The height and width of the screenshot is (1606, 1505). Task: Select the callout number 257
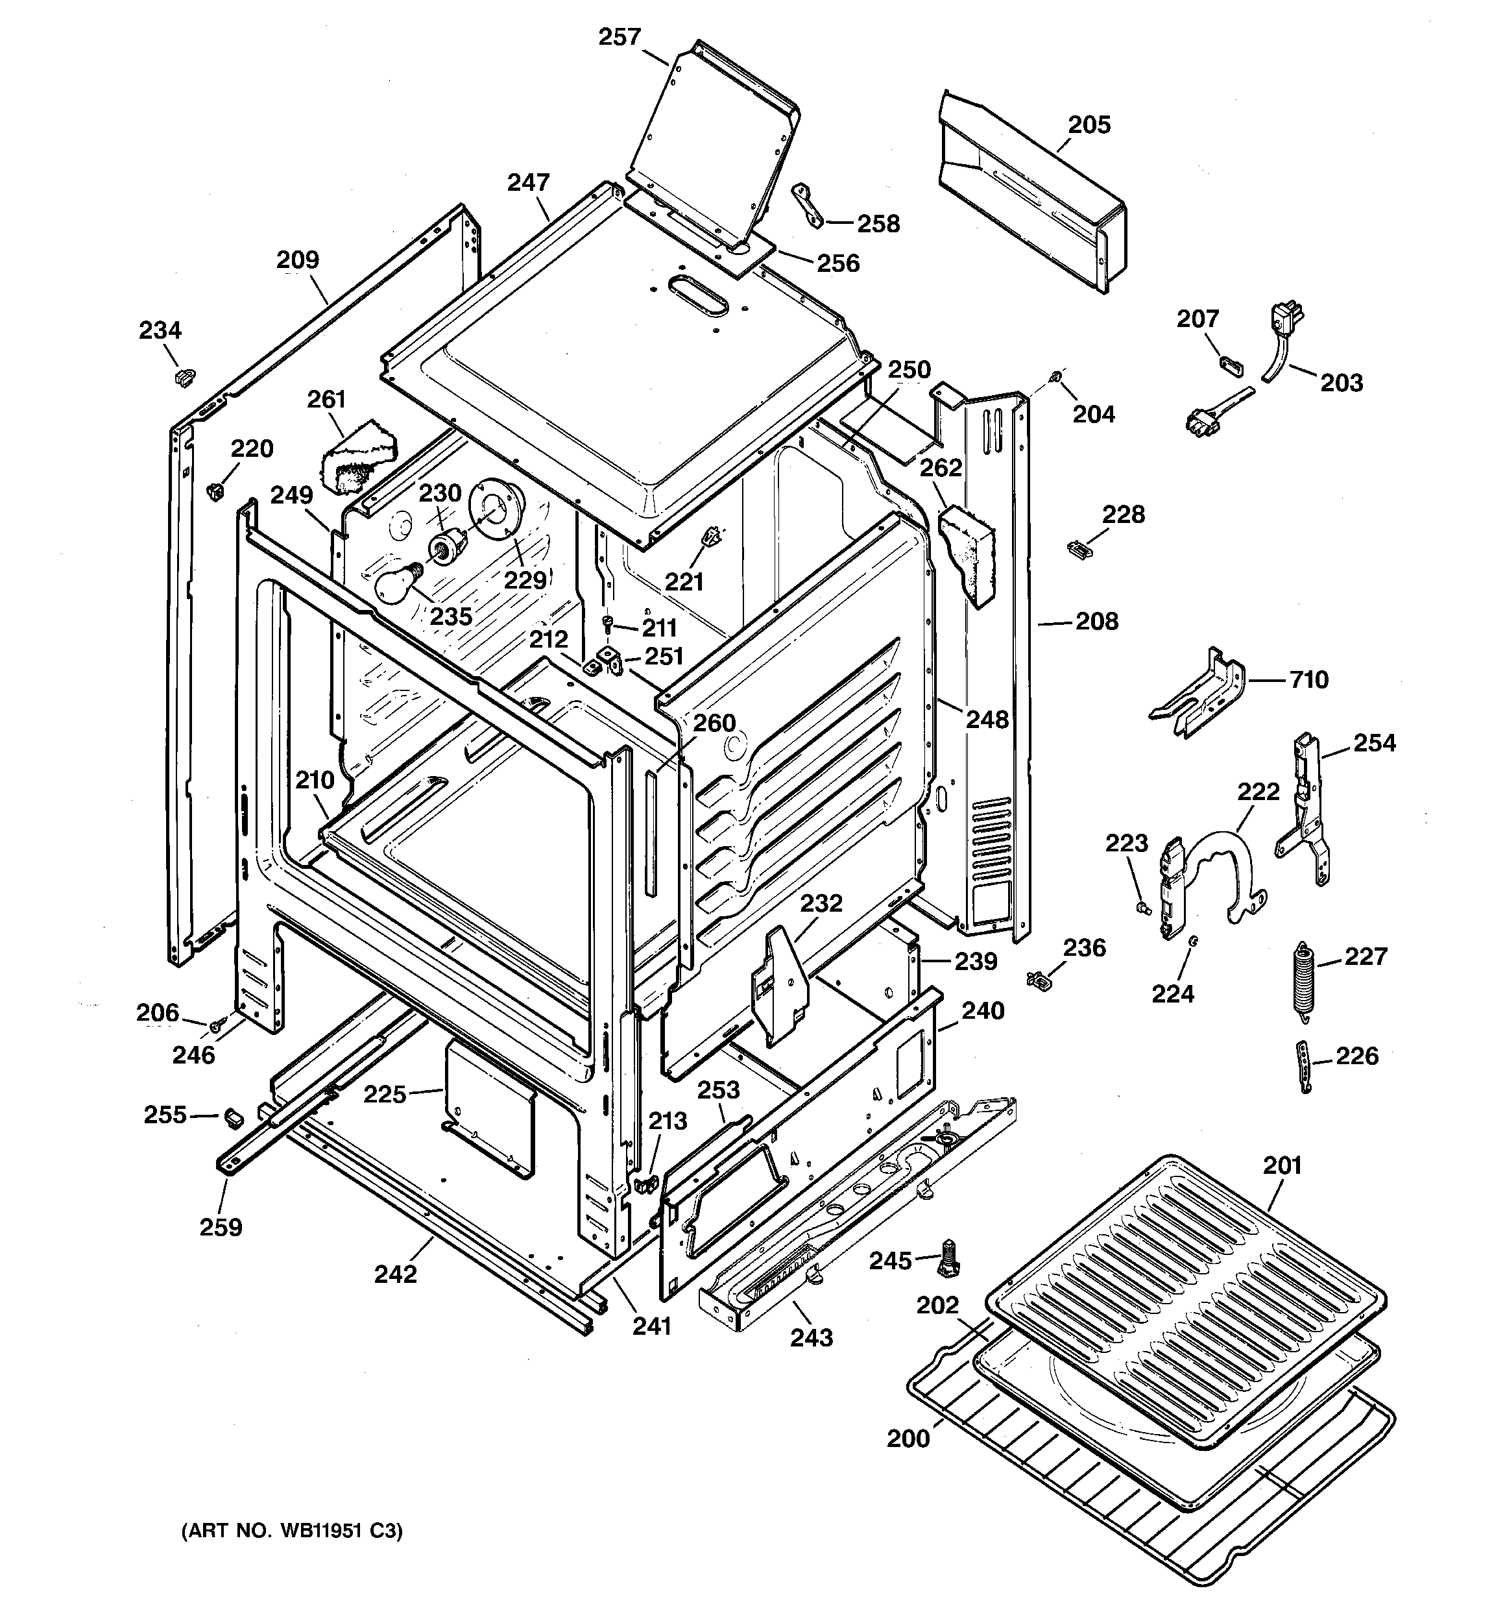(x=620, y=37)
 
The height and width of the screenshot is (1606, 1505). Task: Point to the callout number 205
(x=1089, y=125)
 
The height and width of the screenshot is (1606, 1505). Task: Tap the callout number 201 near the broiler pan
(x=1282, y=1165)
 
